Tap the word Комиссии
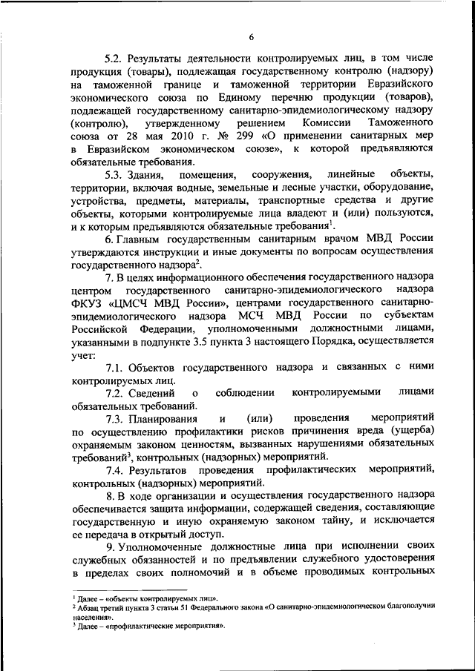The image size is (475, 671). tap(335, 122)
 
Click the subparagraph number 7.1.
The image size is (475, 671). tap(115, 369)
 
